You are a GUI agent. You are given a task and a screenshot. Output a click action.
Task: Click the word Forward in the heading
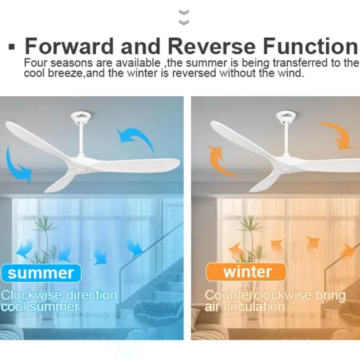[x=69, y=46]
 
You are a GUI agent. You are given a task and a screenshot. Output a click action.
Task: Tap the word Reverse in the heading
[x=211, y=46]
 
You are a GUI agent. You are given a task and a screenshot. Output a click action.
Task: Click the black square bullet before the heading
[x=11, y=47]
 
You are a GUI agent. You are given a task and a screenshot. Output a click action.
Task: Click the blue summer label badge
[x=41, y=273]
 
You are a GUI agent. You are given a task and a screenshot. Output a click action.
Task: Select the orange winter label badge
[x=246, y=272]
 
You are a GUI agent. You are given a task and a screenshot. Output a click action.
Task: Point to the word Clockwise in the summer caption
[x=31, y=295]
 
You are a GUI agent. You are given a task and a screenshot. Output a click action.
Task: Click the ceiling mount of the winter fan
[x=286, y=116]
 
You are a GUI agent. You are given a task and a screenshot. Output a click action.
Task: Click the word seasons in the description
[x=71, y=63]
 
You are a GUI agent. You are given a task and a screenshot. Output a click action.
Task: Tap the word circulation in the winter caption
[x=254, y=307]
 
